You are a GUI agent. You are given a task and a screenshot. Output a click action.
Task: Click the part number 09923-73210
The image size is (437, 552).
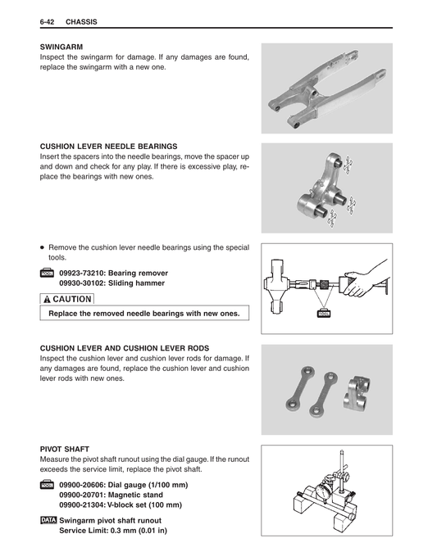87,272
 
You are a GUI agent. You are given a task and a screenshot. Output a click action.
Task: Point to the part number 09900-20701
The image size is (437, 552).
87,495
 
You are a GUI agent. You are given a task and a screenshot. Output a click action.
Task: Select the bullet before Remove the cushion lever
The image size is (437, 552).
43,247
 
